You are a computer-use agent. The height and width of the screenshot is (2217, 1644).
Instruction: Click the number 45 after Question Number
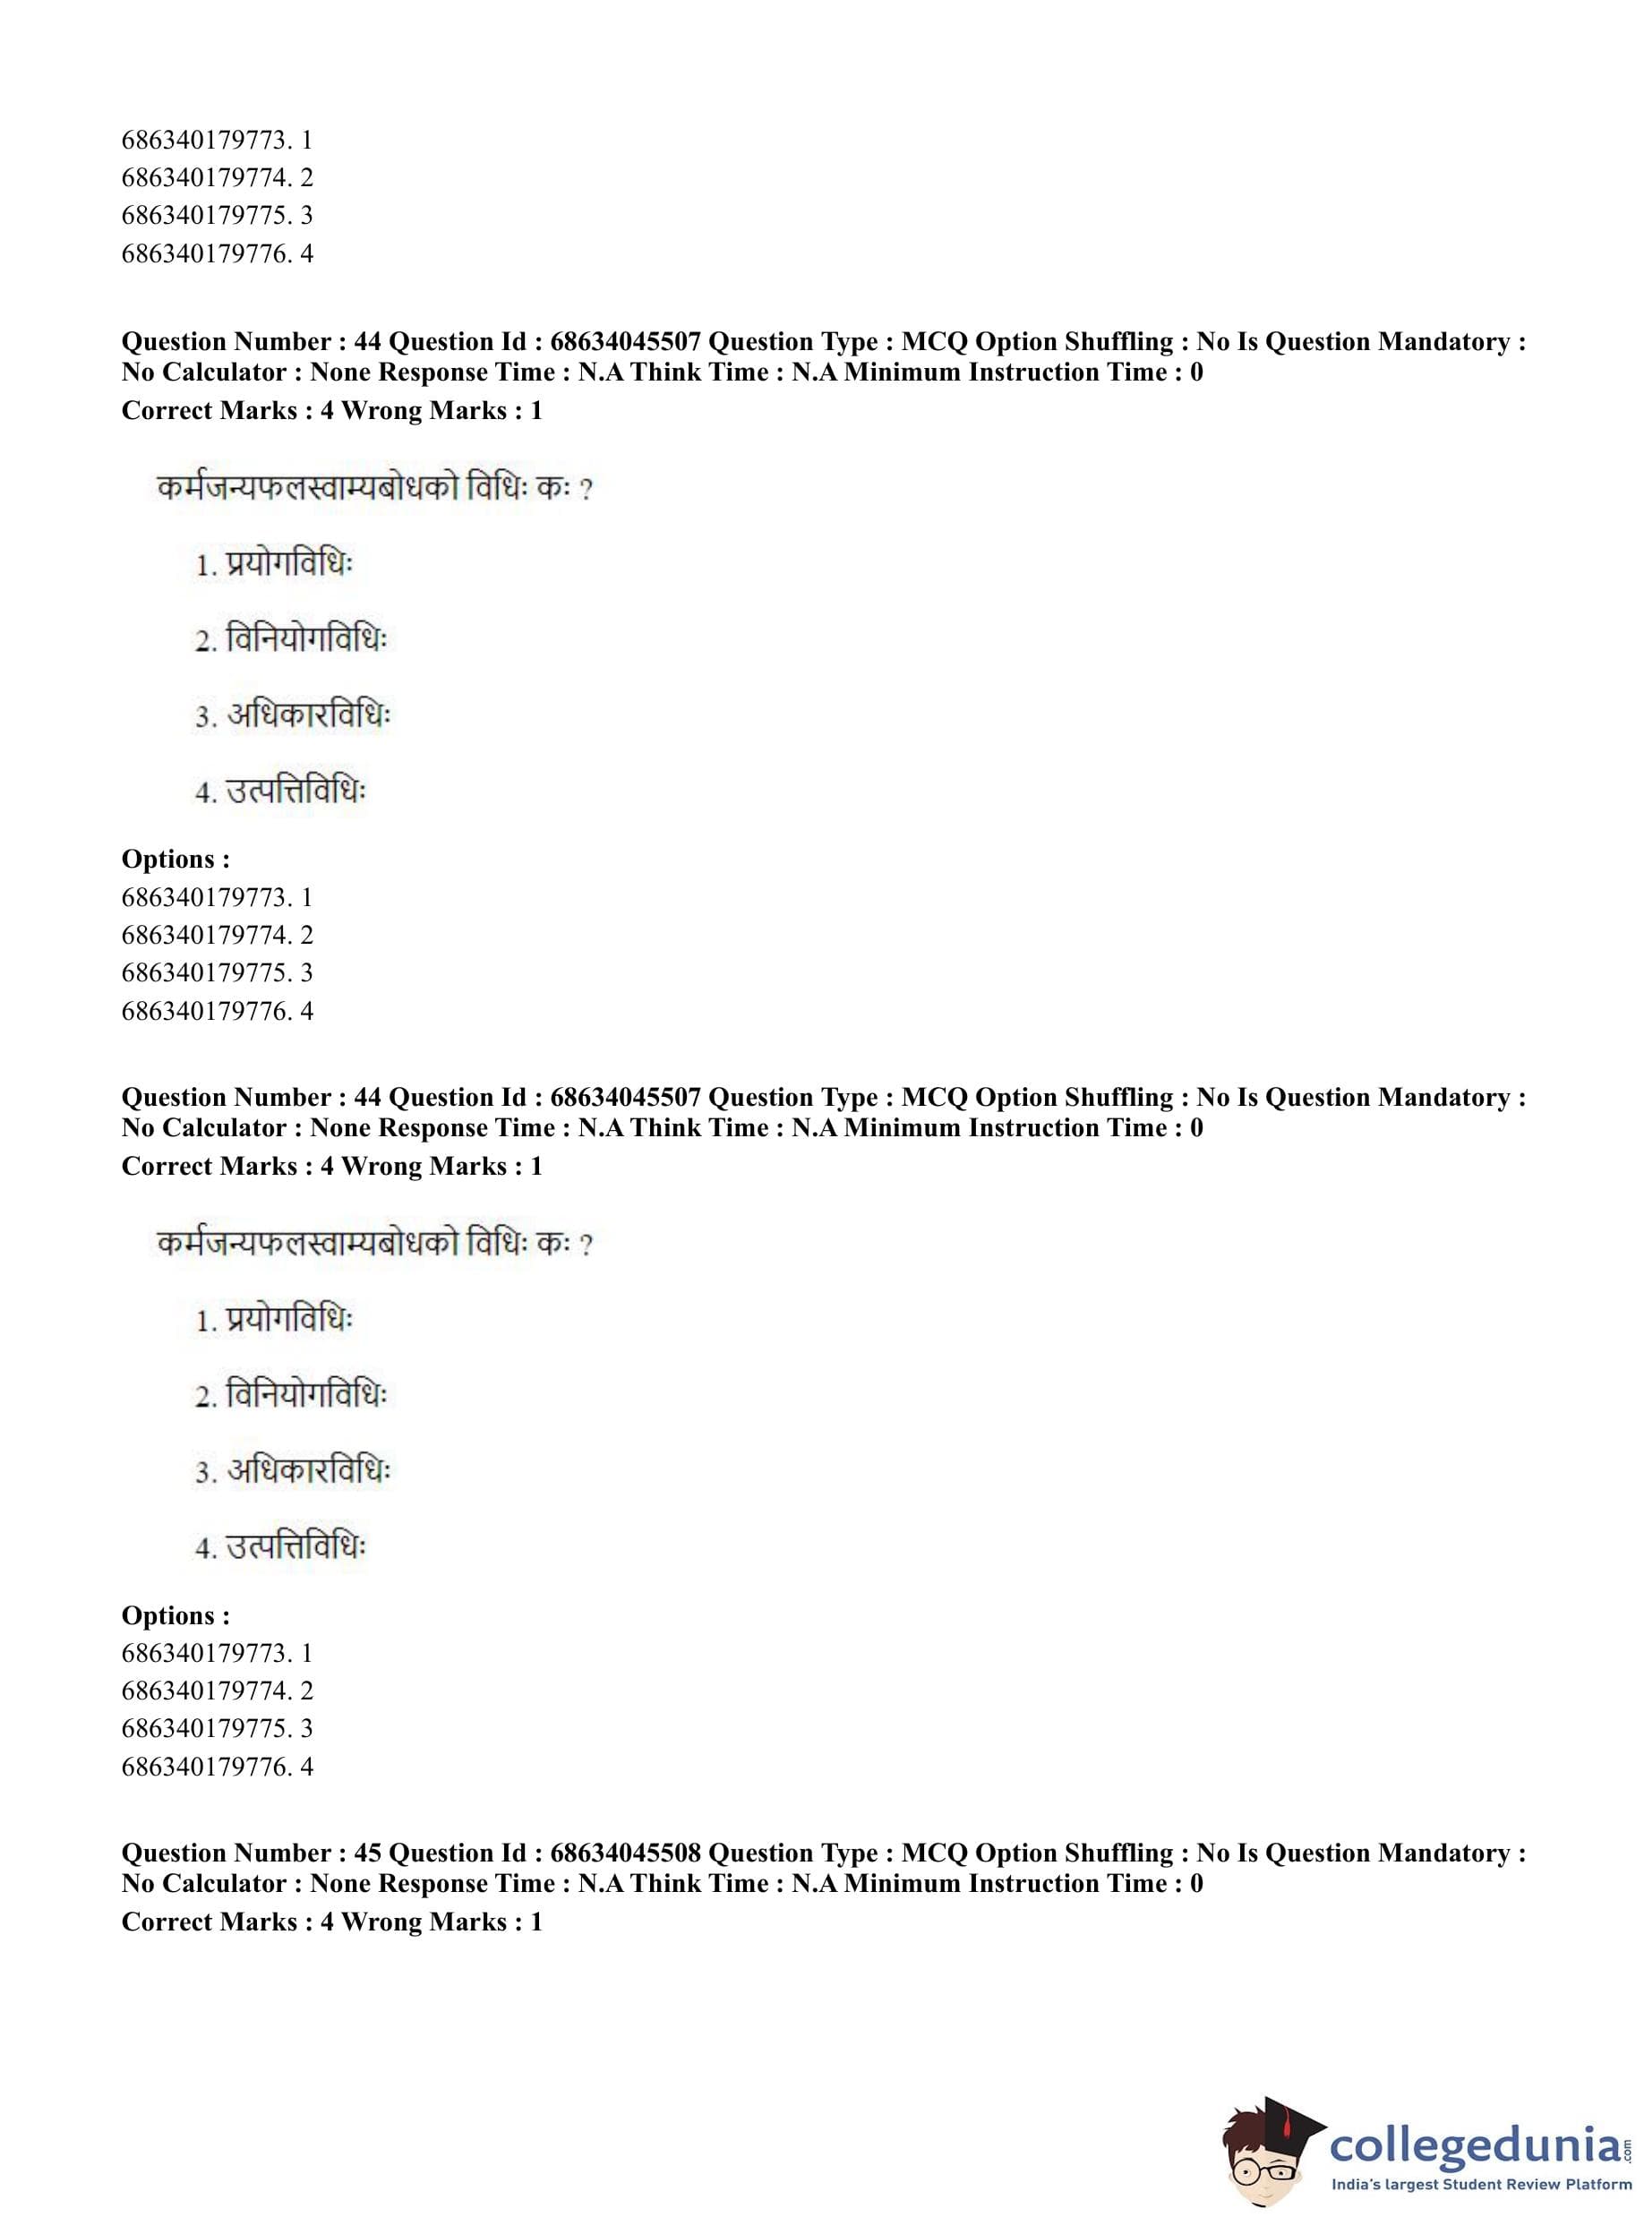pos(367,1853)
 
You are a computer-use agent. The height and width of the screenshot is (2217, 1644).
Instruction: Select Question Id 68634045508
pos(625,1853)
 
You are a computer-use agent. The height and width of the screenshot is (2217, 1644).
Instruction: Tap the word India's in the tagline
pos(1357,2185)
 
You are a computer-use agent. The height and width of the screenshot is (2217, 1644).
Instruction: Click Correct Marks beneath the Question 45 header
pos(209,1922)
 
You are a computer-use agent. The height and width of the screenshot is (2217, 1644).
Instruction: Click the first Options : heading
pos(176,859)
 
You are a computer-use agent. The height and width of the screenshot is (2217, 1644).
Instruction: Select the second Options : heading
pos(176,1615)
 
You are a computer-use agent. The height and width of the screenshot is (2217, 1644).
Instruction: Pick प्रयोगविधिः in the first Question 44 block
pos(288,564)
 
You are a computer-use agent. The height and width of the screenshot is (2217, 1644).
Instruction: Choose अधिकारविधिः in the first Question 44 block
pos(309,715)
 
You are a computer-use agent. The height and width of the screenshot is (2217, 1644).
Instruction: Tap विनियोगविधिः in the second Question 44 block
pos(306,1395)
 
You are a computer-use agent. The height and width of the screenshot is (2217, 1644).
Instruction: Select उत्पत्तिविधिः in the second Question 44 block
pos(296,1547)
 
